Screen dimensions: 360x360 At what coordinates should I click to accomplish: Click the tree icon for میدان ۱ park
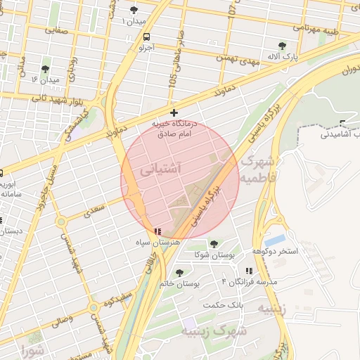[x=134, y=10]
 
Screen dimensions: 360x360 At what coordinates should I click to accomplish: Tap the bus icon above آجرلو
[x=146, y=37]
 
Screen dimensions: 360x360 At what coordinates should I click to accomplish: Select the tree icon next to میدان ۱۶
[x=46, y=69]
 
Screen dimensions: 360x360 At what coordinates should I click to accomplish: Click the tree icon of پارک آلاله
[x=282, y=46]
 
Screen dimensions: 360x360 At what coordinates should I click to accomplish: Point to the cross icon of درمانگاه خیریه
[x=174, y=112]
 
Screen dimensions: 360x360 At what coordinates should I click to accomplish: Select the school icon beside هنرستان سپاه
[x=158, y=231]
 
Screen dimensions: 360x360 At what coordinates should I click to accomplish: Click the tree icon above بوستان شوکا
[x=214, y=244]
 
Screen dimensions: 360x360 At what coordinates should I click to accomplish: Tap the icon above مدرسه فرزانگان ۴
[x=248, y=271]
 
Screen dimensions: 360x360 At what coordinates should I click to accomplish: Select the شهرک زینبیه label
[x=214, y=330]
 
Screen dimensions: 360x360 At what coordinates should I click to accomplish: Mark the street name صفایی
[x=56, y=30]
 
